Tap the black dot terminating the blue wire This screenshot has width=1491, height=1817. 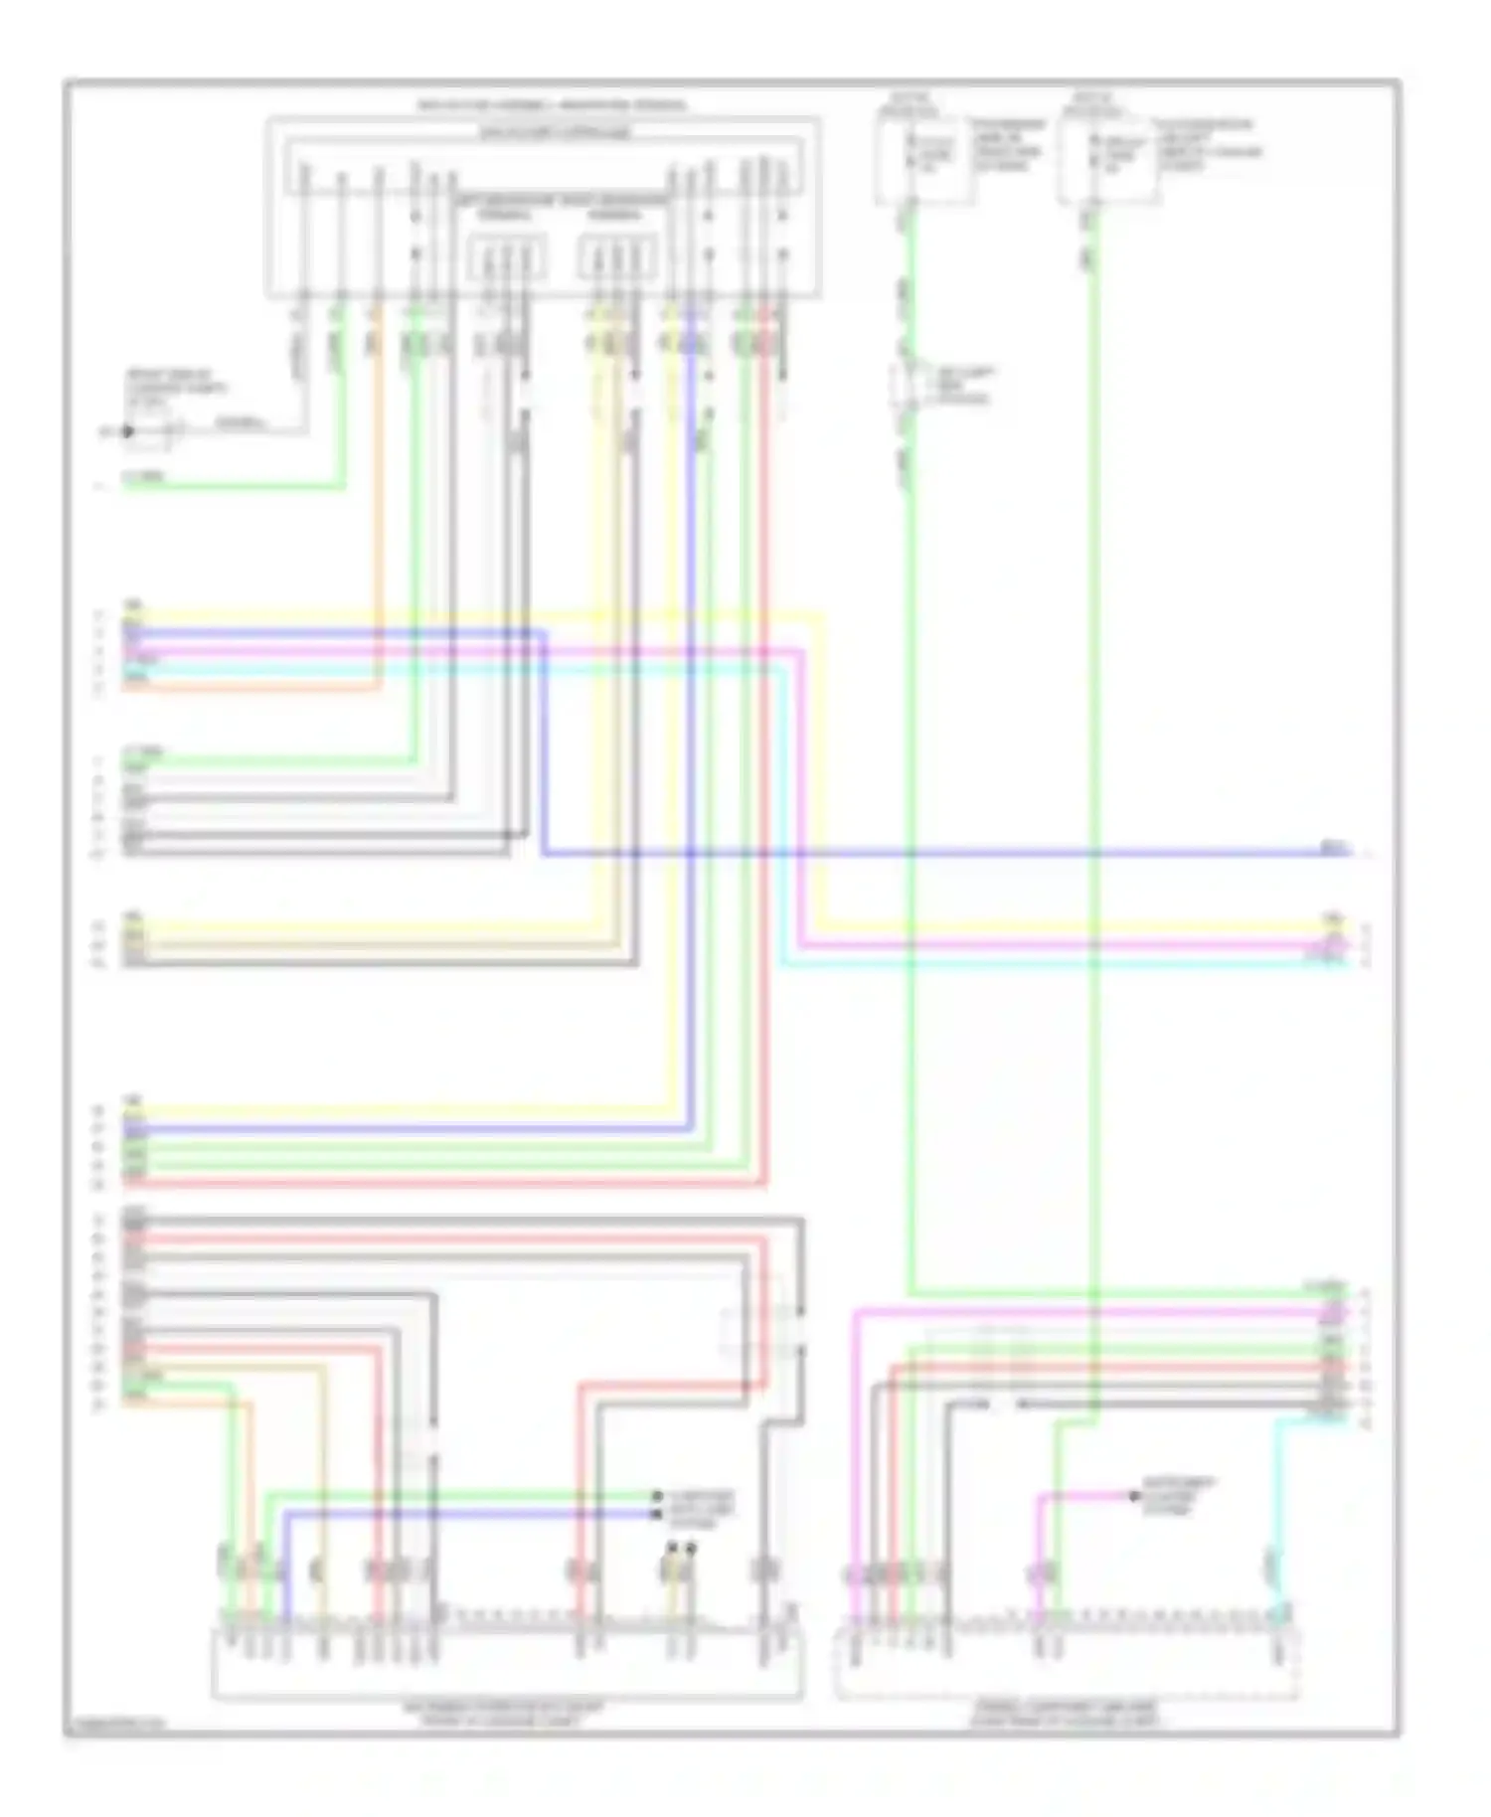657,1514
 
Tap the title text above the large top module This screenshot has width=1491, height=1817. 553,105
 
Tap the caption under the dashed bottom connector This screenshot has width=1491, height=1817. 1066,1713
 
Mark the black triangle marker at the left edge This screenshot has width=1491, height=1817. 127,431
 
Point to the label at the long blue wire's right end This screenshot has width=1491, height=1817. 1334,847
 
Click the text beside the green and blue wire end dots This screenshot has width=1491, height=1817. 701,1504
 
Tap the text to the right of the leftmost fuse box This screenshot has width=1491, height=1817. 1010,145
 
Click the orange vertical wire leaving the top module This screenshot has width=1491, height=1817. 378,497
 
